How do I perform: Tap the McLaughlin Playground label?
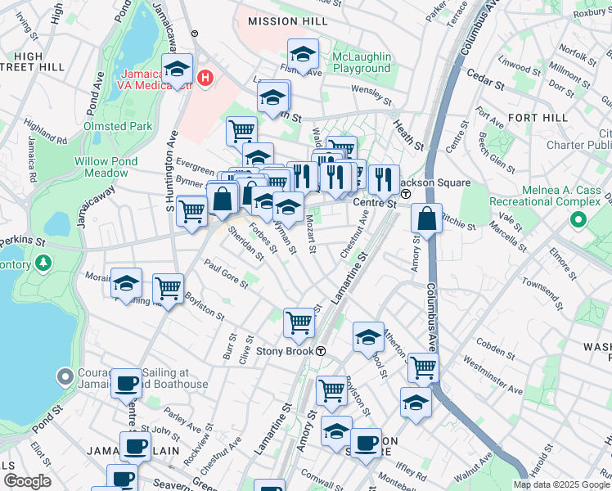point(362,63)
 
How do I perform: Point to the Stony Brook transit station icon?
point(322,351)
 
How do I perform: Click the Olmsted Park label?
point(117,126)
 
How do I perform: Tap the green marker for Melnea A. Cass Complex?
point(579,219)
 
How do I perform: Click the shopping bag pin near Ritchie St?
point(426,218)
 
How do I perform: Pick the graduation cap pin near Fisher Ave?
point(303,55)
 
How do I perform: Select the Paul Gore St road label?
point(225,273)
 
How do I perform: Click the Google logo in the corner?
point(27,481)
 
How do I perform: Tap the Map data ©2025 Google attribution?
point(560,484)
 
